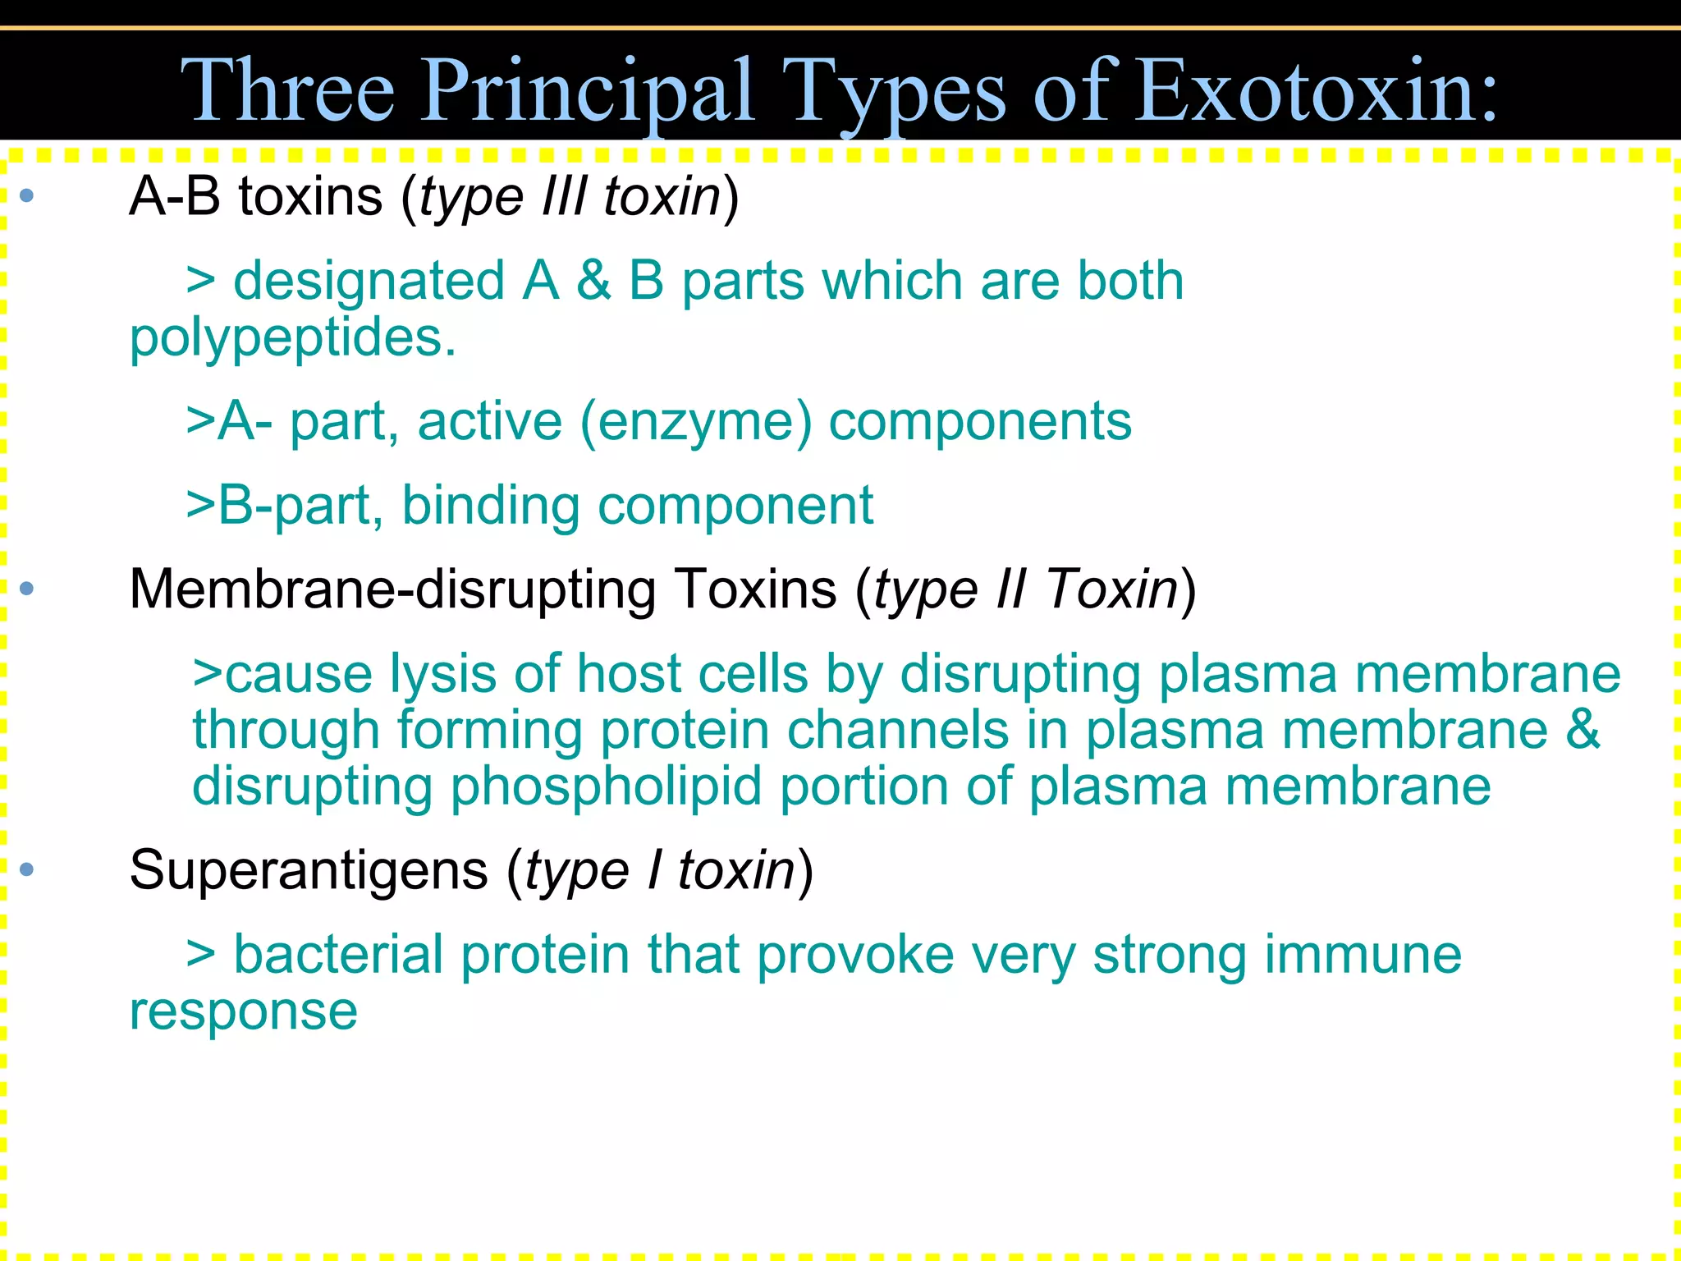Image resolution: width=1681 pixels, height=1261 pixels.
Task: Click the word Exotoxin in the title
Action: [1318, 90]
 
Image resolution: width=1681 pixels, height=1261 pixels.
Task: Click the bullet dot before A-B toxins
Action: [27, 195]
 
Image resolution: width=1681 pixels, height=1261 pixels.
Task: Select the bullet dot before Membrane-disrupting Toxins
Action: [27, 589]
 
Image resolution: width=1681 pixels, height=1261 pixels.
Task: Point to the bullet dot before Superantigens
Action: [27, 869]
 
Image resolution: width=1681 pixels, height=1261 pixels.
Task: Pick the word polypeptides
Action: [292, 338]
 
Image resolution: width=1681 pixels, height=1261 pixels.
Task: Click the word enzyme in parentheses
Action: [696, 422]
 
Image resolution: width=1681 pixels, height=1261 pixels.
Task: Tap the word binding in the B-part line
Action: [491, 506]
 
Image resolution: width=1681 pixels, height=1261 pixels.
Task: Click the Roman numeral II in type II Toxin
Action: [1010, 589]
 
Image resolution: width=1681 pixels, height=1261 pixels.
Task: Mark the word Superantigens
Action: [309, 870]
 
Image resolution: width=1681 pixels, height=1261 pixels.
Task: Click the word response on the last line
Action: [243, 1011]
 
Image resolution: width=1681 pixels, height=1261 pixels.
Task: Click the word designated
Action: [369, 282]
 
